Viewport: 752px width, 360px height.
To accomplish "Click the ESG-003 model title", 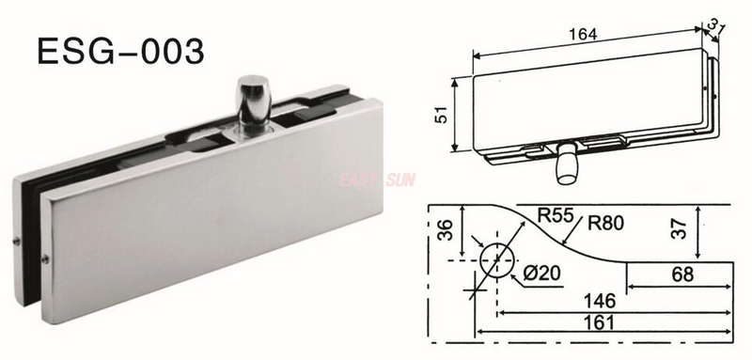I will (x=118, y=49).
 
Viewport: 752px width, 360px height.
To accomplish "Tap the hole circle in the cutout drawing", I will (x=496, y=259).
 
